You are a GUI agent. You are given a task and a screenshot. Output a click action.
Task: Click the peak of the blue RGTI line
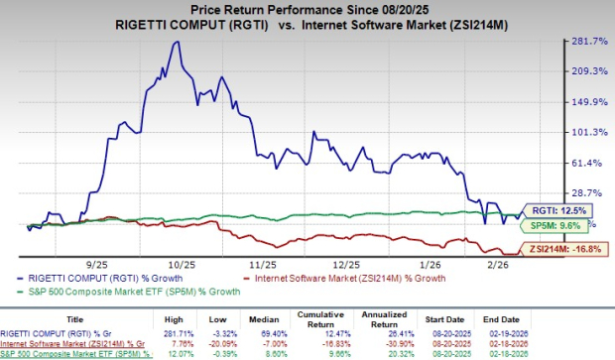[x=176, y=42]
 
